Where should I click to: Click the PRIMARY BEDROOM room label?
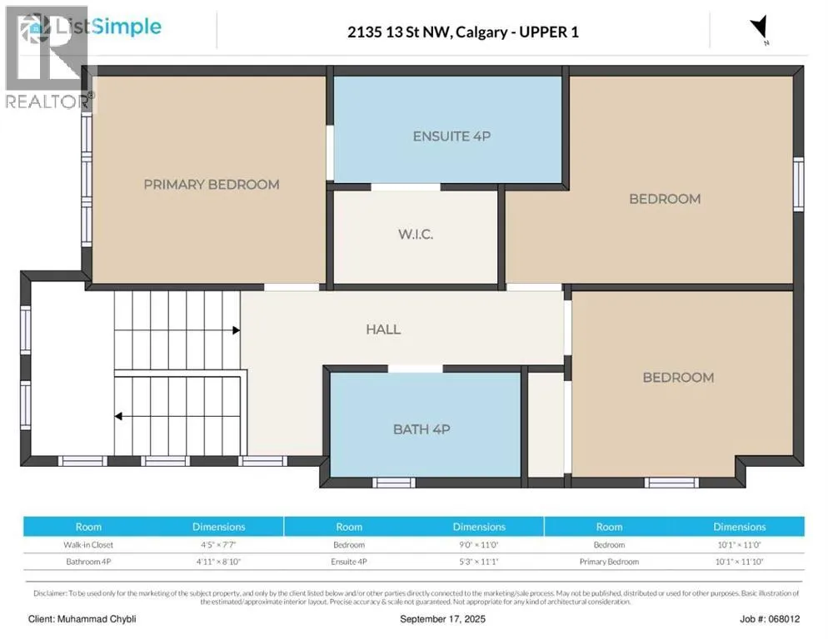212,185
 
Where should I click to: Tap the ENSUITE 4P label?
451,136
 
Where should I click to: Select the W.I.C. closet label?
416,235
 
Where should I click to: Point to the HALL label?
383,329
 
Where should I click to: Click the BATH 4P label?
421,429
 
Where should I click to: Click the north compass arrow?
760,27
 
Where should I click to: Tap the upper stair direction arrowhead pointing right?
236,330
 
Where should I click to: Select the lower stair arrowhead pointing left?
119,416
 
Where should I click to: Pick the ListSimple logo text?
108,27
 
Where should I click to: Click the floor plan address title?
463,32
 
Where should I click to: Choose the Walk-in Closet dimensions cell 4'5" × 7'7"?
218,544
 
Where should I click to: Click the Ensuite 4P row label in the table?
349,562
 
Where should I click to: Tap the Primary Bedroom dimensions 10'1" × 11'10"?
740,562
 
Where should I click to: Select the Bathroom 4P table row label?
88,562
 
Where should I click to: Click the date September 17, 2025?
442,619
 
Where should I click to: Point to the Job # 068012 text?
770,619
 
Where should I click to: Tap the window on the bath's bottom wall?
394,483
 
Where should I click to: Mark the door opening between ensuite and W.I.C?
406,187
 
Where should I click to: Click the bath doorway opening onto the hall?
416,369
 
